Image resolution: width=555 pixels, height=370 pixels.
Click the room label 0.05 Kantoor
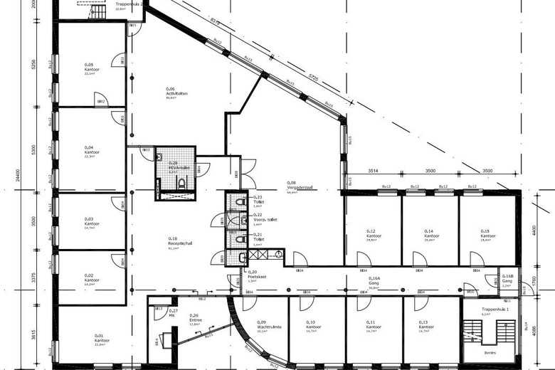pos(90,69)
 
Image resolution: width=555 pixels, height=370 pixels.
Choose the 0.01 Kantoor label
pos(100,339)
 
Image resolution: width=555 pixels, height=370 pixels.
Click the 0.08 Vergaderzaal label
pos(292,186)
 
